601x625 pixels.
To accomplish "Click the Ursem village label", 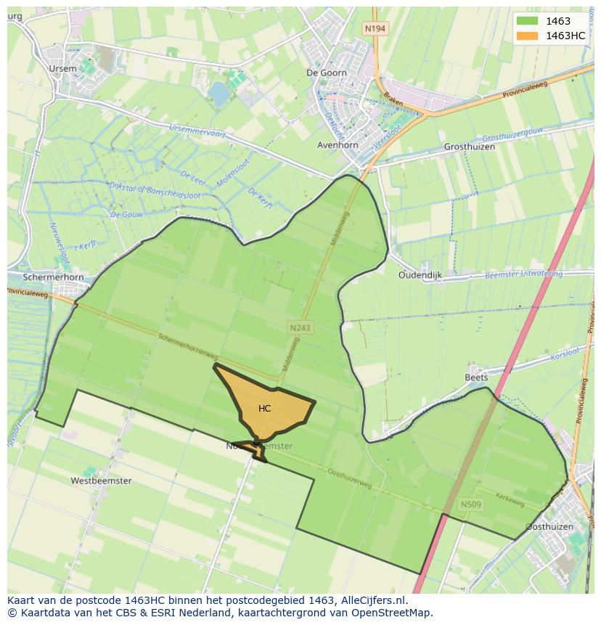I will [62, 68].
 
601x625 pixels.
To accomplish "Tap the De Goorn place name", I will [327, 73].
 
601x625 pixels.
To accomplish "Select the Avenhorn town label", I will [338, 145].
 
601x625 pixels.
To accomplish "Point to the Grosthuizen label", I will [469, 147].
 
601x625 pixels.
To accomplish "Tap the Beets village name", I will [476, 377].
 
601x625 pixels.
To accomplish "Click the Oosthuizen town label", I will [549, 526].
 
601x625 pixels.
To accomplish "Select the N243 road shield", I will [300, 328].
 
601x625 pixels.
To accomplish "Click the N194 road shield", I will [375, 28].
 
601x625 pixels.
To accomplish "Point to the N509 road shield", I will [471, 504].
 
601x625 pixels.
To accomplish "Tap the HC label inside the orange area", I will [265, 409].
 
